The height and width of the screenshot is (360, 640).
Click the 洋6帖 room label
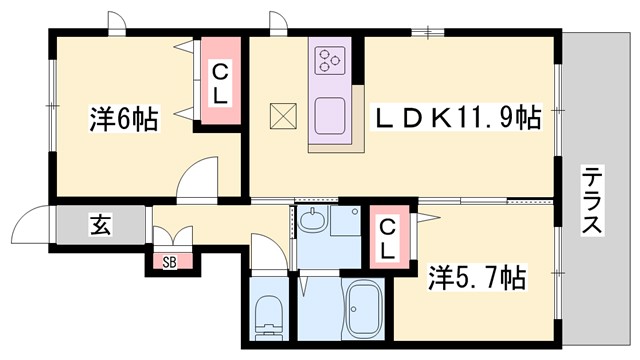click(x=124, y=121)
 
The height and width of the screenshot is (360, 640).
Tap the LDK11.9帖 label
click(x=457, y=119)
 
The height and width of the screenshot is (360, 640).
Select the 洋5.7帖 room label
click(x=477, y=274)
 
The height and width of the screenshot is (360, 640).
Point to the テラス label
click(x=593, y=199)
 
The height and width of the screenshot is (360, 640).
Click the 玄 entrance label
click(x=102, y=224)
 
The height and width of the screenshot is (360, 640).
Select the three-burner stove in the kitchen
click(x=329, y=62)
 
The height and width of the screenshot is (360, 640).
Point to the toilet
click(x=267, y=318)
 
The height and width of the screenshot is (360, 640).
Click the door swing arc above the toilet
click(x=265, y=251)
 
